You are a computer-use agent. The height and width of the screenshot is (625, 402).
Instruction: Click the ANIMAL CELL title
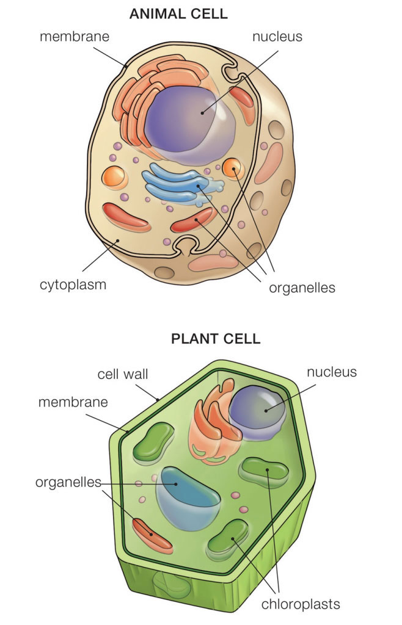coord(178,13)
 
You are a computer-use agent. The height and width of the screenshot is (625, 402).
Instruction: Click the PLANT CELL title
coord(215,338)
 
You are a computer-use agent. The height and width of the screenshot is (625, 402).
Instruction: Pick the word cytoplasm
coord(73,284)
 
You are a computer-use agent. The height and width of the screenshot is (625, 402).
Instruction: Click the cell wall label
coord(123,374)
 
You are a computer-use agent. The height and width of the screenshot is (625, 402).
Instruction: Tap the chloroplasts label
coord(300,604)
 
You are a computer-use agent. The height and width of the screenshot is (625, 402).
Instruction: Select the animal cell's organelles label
coord(302,287)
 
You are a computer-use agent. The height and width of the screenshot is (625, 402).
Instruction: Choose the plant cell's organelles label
coord(68,482)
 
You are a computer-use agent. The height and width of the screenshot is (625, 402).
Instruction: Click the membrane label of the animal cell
coord(75,36)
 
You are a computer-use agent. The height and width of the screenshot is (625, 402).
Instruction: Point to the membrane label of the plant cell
coord(73,402)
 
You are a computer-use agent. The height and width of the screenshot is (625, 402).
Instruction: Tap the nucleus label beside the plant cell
coord(332,372)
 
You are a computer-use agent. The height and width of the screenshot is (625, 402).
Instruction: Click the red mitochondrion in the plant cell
coord(153,535)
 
